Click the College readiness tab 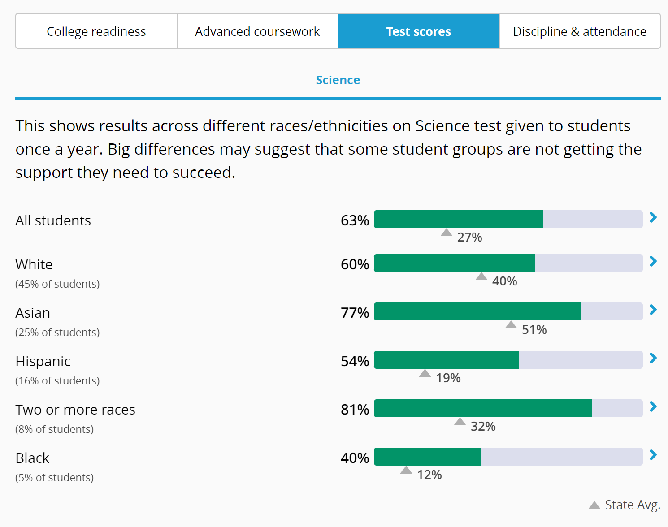[96, 31]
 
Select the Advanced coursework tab [257, 31]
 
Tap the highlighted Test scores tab [419, 31]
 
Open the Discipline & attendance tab [580, 31]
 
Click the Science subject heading [338, 80]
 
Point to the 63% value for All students [355, 220]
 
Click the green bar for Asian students [477, 311]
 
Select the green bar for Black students [428, 457]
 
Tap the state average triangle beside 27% [447, 233]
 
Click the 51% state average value [534, 330]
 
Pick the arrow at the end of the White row [653, 261]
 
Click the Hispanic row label [43, 361]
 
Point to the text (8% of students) [55, 429]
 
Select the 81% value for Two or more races [355, 410]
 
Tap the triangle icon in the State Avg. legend [594, 505]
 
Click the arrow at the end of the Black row [653, 455]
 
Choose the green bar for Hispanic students [447, 360]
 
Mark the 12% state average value [429, 475]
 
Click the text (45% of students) [57, 284]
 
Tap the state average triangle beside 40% [481, 276]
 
